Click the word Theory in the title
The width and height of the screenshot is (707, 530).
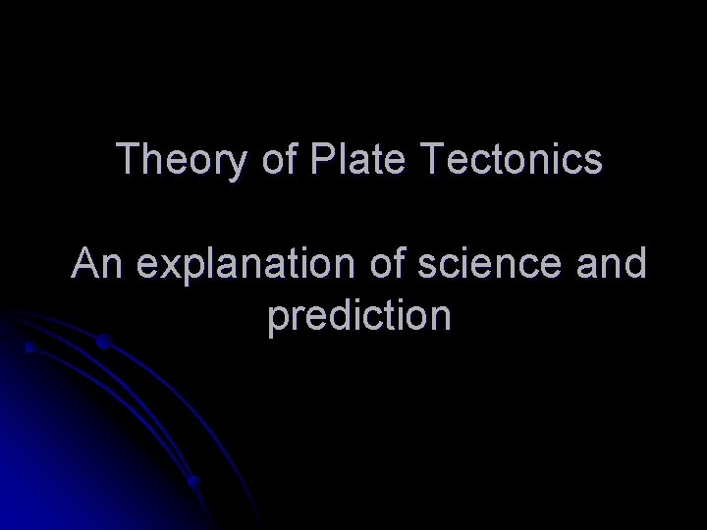183,159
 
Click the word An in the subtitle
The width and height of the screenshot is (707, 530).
95,265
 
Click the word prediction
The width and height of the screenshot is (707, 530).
358,317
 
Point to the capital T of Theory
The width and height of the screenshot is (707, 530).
128,159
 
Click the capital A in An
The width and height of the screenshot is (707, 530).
84,265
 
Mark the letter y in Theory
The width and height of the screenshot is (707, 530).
240,164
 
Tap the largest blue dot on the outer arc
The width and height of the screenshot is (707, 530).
103,343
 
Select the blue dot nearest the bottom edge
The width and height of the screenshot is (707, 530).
194,481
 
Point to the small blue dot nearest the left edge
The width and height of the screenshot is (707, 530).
30,347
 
